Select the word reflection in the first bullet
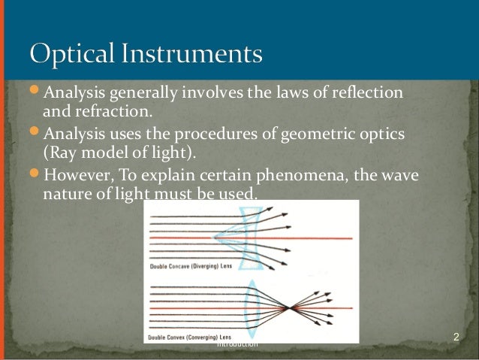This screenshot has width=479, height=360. tap(366, 93)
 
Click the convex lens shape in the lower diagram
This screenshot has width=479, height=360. tap(252, 307)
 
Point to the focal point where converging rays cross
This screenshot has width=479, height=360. tap(289, 307)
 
